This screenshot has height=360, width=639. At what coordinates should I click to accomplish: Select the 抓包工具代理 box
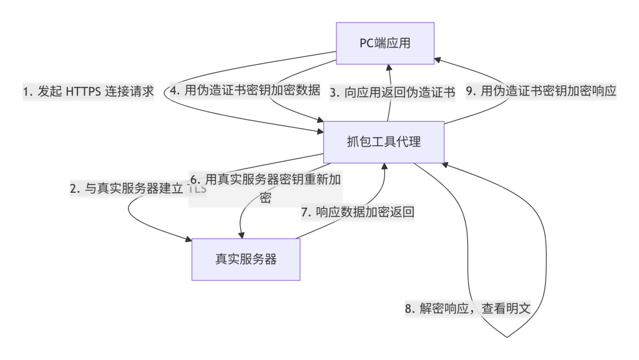(x=383, y=142)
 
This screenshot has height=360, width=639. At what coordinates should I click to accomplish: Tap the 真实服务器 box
(x=245, y=259)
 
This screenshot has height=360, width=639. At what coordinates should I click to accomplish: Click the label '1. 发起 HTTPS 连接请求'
(x=88, y=91)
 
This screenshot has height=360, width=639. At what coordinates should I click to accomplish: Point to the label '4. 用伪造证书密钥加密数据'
(x=244, y=90)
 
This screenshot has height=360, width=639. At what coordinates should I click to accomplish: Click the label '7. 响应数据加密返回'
(x=358, y=212)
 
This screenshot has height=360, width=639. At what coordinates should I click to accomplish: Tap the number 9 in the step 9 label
(x=469, y=91)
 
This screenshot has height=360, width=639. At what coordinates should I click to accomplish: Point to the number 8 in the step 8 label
(x=409, y=309)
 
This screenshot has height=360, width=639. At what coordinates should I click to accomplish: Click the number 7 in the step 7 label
(x=305, y=213)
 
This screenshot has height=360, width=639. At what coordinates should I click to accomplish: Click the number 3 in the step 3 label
(x=333, y=92)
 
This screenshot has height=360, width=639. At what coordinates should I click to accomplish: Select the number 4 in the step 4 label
(x=173, y=91)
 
